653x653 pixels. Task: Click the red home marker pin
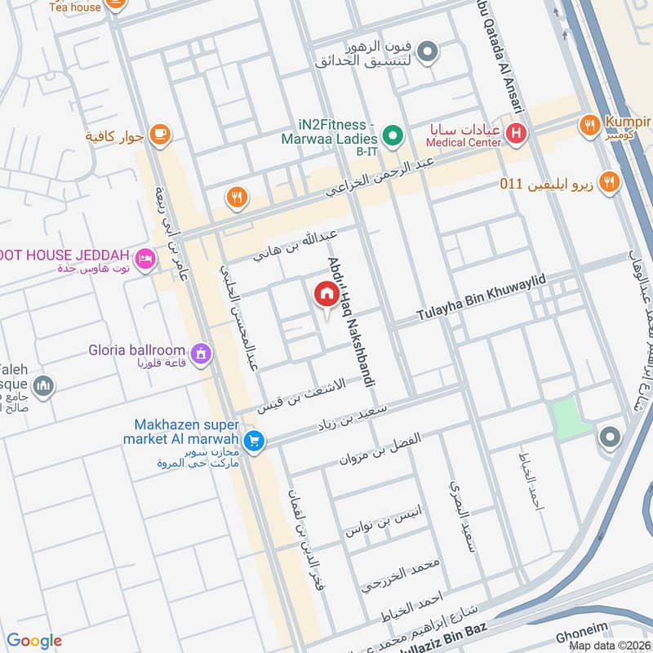click(x=326, y=295)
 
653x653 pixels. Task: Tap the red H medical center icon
click(x=516, y=132)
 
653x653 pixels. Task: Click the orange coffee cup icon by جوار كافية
click(x=160, y=135)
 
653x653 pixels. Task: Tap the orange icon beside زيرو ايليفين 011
click(x=607, y=182)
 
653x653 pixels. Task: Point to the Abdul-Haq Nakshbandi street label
click(x=344, y=318)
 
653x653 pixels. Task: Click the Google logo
click(x=34, y=641)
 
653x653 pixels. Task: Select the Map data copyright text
click(x=609, y=646)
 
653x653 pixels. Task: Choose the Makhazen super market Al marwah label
click(x=187, y=433)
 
